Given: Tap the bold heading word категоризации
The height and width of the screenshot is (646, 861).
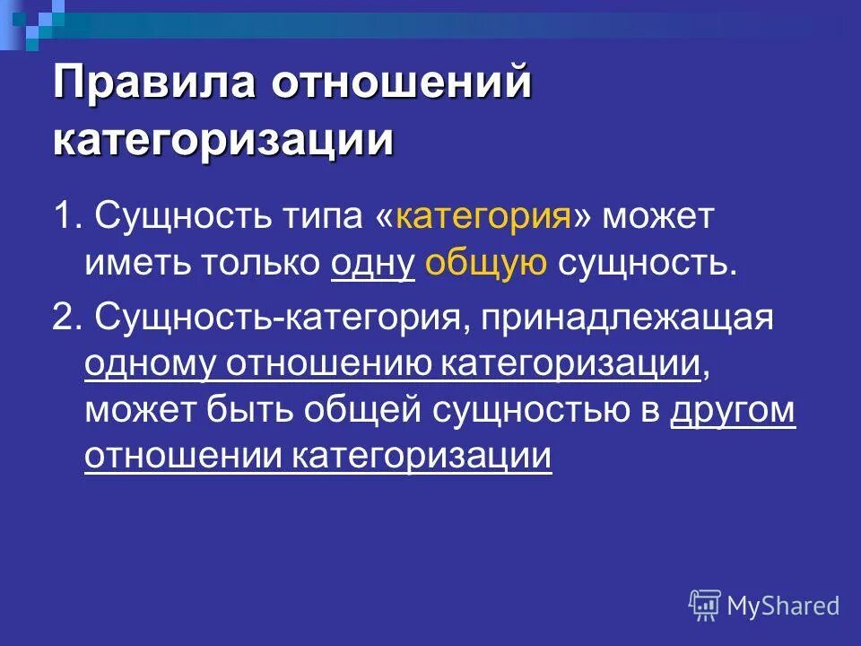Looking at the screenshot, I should tap(223, 141).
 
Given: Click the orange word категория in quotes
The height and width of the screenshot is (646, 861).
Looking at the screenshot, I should tap(484, 216).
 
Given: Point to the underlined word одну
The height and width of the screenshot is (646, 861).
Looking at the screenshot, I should tap(372, 264).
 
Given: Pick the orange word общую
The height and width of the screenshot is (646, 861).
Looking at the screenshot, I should tap(485, 264).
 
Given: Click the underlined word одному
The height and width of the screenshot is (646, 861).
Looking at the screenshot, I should tap(150, 365).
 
